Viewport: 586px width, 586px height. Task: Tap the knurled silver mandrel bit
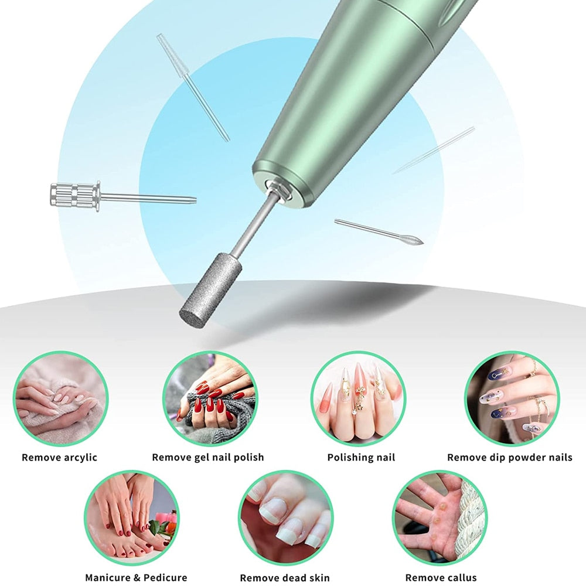point(75,194)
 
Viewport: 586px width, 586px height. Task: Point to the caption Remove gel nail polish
point(208,457)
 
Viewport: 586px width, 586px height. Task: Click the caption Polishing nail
point(361,457)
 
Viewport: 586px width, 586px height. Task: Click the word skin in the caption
point(316,578)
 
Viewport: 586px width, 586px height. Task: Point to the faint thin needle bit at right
point(434,151)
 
